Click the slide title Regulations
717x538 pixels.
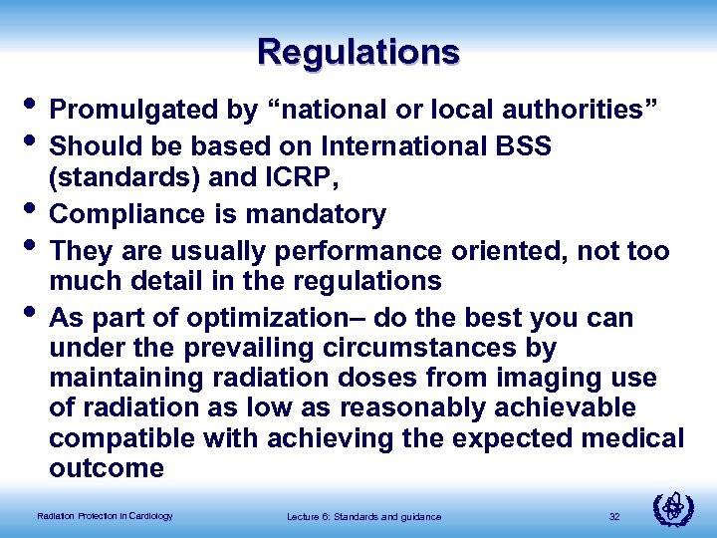click(358, 51)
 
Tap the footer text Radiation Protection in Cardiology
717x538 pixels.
click(105, 516)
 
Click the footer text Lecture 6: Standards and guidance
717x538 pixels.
click(363, 516)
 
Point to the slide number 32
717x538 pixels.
click(613, 516)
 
